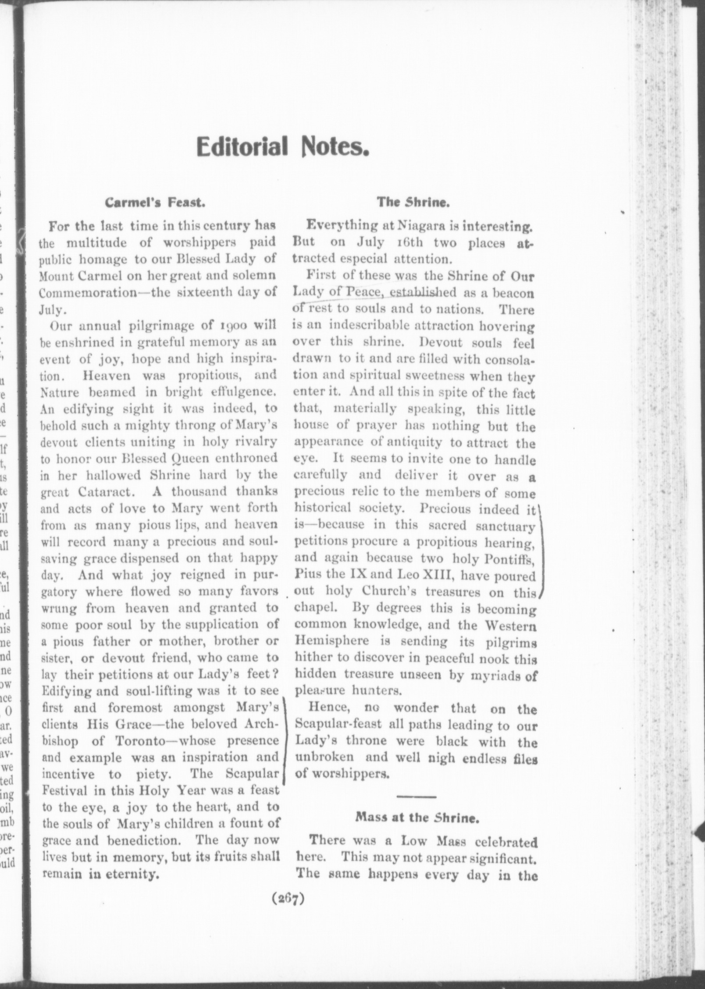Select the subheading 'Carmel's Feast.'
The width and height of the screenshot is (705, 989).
click(x=154, y=203)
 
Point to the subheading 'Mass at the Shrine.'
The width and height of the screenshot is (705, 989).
click(x=416, y=817)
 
